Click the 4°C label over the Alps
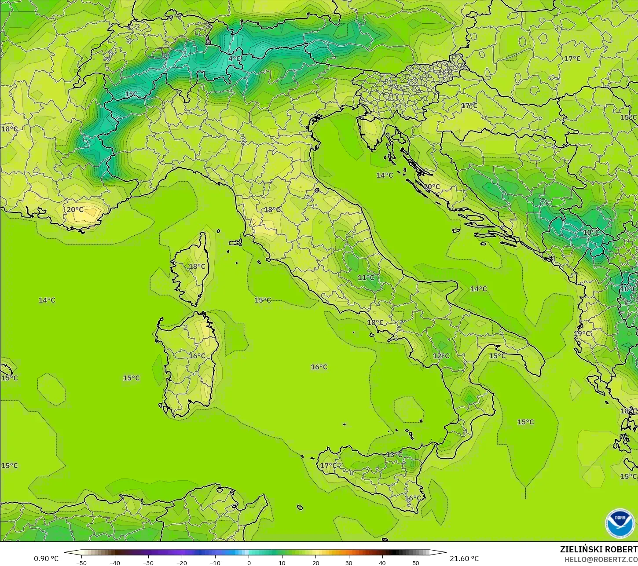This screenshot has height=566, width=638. [x=235, y=58]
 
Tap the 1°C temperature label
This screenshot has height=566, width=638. [x=131, y=94]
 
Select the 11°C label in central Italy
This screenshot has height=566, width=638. [x=366, y=278]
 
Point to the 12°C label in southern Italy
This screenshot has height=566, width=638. [x=441, y=356]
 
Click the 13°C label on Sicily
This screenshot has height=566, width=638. [x=394, y=455]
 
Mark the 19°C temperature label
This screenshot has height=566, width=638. [x=582, y=334]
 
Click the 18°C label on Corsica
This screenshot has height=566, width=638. [x=197, y=267]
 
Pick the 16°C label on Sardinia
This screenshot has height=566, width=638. [x=197, y=356]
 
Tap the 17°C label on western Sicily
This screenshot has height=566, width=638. [x=328, y=466]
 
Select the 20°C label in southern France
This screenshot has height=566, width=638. [x=75, y=210]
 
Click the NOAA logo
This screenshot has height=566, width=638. [x=620, y=523]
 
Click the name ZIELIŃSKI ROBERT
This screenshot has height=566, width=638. [x=598, y=550]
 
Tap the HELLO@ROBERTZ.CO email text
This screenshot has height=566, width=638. [x=601, y=559]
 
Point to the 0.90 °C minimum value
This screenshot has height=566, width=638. [x=46, y=559]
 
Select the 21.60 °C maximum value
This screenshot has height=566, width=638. [x=464, y=559]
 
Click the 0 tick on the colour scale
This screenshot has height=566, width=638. [x=249, y=562]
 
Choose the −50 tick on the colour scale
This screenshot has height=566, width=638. [x=81, y=562]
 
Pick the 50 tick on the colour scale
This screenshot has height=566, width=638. [x=416, y=562]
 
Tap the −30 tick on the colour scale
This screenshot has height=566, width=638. [x=148, y=562]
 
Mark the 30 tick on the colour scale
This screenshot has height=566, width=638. [x=349, y=562]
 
